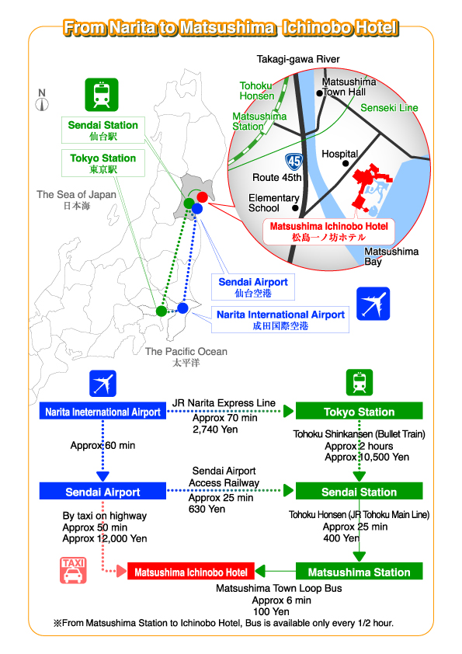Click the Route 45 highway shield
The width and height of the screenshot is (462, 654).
294,162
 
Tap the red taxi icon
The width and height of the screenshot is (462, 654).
73,570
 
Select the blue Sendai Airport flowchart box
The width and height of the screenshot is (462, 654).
102,492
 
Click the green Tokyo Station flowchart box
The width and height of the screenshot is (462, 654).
359,411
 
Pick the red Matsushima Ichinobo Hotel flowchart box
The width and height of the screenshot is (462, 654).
190,572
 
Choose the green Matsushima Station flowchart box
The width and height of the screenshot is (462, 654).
359,572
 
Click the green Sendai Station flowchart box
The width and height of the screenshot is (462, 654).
359,492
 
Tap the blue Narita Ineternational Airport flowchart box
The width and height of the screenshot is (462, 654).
102,411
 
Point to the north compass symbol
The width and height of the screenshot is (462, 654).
42,100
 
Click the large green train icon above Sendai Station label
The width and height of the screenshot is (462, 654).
102,95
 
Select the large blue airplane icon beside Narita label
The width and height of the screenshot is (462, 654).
373,304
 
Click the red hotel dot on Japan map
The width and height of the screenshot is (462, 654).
202,197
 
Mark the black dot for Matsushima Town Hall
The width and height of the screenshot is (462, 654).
319,93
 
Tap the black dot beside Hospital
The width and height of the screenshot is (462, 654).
346,163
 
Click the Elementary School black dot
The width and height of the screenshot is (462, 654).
295,207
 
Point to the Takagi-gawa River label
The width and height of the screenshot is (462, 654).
298,59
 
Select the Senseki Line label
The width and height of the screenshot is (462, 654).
389,108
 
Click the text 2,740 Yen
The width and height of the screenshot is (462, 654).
215,430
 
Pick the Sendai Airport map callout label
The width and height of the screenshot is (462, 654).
253,287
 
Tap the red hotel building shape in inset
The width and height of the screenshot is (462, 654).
369,187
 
